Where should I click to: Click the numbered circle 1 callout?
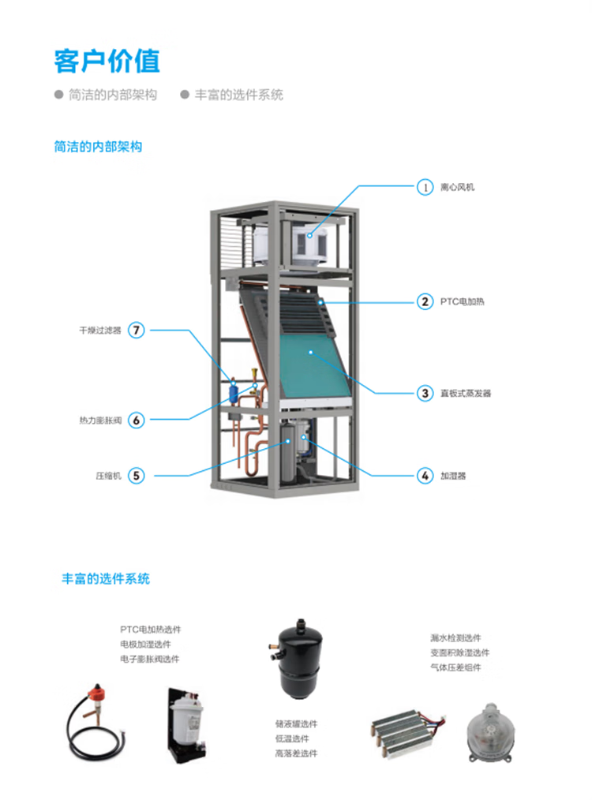click(425, 187)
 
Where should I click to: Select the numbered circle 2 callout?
click(425, 301)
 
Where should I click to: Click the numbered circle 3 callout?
click(425, 392)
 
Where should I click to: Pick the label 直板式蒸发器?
click(466, 393)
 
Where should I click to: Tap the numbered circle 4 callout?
click(425, 476)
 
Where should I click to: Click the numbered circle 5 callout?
click(137, 476)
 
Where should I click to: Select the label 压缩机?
click(107, 477)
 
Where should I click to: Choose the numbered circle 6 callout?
click(137, 420)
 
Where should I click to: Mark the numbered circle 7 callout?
click(137, 330)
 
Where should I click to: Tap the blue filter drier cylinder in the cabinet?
click(234, 391)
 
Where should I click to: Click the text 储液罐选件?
click(296, 723)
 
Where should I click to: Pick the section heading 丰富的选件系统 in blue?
click(106, 578)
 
